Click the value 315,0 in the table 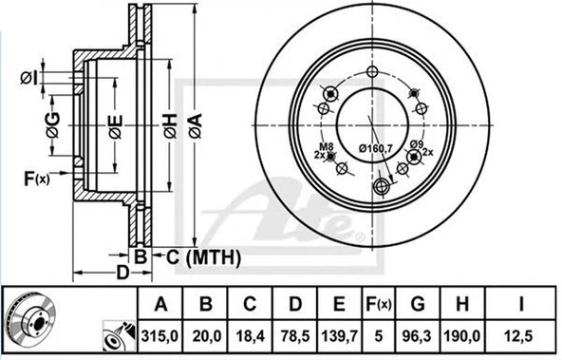click(161, 333)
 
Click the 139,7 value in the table click(340, 333)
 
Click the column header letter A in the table click(161, 305)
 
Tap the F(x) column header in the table click(380, 305)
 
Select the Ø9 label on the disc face click(416, 143)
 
